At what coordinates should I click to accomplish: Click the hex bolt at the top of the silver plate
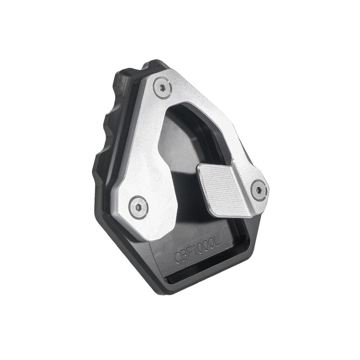tap(162, 87)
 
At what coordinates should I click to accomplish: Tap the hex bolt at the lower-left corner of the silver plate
tap(138, 207)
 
